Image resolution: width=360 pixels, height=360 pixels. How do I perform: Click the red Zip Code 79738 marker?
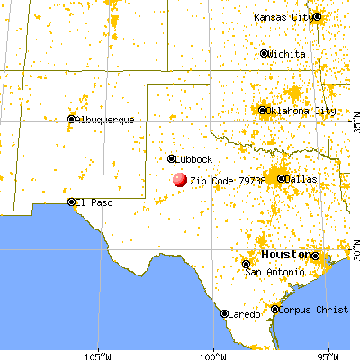(x=180, y=180)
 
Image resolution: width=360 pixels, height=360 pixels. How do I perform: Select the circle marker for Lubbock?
(x=172, y=159)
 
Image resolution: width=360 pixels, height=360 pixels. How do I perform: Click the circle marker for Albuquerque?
(x=72, y=119)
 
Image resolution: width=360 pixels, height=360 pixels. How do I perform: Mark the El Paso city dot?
(x=71, y=202)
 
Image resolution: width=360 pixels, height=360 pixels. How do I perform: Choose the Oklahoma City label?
(x=301, y=112)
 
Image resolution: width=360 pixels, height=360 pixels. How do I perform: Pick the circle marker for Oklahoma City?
(x=264, y=112)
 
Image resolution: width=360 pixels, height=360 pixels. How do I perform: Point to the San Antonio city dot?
(x=246, y=264)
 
